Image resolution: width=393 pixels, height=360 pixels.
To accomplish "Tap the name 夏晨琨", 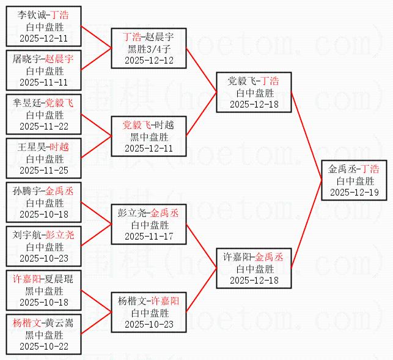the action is (59, 279).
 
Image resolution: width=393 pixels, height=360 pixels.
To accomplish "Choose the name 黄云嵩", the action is (59, 323).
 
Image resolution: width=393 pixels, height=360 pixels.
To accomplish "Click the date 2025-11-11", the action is (44, 83).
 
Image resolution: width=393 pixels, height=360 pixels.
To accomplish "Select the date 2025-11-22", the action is (44, 127).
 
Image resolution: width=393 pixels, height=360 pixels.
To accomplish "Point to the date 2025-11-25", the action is (44, 170).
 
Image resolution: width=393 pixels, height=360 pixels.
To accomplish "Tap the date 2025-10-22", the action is (44, 347).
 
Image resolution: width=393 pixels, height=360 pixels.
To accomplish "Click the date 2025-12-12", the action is (149, 61).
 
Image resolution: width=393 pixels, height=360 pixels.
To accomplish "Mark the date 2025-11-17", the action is (149, 236).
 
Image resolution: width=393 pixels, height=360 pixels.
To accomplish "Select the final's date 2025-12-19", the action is (354, 192).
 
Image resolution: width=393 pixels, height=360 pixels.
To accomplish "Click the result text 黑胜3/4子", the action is (149, 49).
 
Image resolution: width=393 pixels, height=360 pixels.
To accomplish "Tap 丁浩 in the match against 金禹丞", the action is (369, 169).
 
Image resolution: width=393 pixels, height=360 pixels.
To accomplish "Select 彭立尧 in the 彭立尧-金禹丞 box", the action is (133, 213).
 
